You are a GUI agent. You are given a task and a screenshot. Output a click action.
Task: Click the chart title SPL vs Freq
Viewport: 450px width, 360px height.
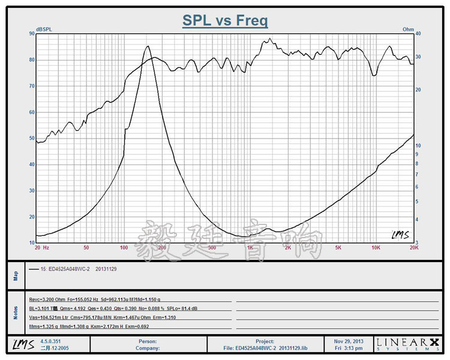(x=225, y=21)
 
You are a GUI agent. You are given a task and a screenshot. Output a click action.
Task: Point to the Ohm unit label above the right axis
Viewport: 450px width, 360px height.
(x=409, y=29)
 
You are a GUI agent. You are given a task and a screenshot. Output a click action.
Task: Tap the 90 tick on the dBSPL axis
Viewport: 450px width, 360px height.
(x=31, y=34)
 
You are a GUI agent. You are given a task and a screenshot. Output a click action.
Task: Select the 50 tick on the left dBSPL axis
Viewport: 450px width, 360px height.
(x=31, y=139)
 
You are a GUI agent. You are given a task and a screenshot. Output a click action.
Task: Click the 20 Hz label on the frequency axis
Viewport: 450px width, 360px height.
(x=41, y=247)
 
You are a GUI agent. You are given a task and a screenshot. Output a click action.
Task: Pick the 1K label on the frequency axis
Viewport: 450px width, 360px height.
(x=250, y=247)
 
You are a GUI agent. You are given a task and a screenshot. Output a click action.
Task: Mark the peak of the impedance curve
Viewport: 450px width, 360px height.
(x=148, y=46)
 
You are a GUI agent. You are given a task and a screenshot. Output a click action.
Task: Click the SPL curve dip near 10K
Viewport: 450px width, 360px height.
(x=374, y=75)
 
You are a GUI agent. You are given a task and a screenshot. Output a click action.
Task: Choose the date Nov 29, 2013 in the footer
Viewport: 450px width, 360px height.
(x=349, y=340)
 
